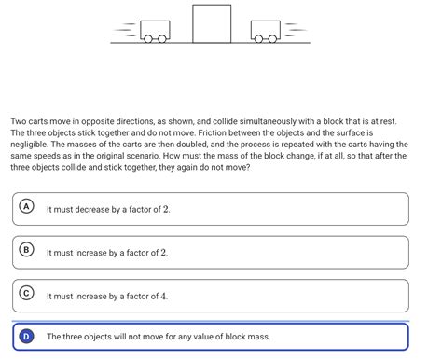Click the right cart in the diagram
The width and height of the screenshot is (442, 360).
tap(266, 31)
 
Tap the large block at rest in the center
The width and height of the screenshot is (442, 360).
tap(212, 23)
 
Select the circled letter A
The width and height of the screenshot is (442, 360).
tap(27, 206)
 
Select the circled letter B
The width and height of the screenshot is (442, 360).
tap(27, 250)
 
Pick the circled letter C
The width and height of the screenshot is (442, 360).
tap(27, 293)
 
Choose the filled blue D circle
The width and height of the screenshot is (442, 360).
tap(27, 336)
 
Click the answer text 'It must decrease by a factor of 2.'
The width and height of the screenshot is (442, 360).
tap(108, 209)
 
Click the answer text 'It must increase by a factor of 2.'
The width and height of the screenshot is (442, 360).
tap(107, 253)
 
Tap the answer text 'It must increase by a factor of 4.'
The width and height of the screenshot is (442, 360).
tap(107, 296)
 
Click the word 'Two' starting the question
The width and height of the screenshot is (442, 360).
tap(19, 121)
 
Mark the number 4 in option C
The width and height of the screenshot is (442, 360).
tap(164, 296)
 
